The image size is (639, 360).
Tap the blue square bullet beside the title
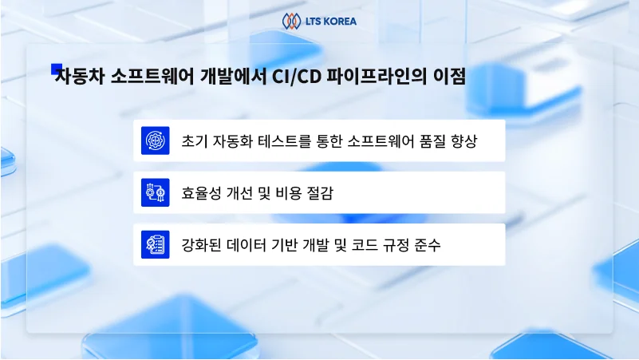[56, 69]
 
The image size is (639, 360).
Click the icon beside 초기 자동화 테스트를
[155, 140]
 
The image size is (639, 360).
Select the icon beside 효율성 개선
[155, 192]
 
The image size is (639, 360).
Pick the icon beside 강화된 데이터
[155, 244]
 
